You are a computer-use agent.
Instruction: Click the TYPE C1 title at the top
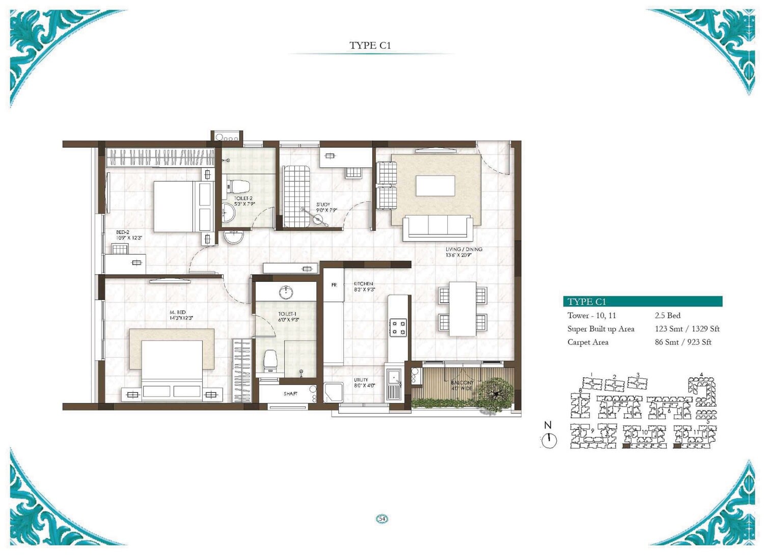[x=370, y=45]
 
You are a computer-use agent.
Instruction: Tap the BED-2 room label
[x=123, y=232]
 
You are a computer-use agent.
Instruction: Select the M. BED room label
[x=178, y=312]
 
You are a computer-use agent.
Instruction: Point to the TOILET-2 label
[x=243, y=198]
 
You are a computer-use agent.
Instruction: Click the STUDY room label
[x=323, y=204]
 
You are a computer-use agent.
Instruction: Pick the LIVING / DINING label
[x=463, y=249]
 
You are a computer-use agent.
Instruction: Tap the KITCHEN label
[x=363, y=284]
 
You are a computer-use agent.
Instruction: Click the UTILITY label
[x=361, y=380]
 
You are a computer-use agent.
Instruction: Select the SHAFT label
[x=290, y=394]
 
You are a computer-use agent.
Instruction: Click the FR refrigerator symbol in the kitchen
[x=334, y=285]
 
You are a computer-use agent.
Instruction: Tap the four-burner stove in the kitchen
[x=398, y=327]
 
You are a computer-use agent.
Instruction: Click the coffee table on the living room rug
[x=435, y=186]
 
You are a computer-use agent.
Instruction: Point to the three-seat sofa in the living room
[x=438, y=227]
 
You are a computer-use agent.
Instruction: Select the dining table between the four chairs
[x=462, y=309]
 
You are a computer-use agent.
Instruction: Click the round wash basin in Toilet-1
[x=286, y=292]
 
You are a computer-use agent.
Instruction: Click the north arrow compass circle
[x=549, y=440]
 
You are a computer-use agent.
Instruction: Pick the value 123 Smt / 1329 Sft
[x=687, y=329]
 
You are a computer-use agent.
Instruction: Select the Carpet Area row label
[x=588, y=342]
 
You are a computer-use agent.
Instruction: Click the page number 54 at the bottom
[x=382, y=519]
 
